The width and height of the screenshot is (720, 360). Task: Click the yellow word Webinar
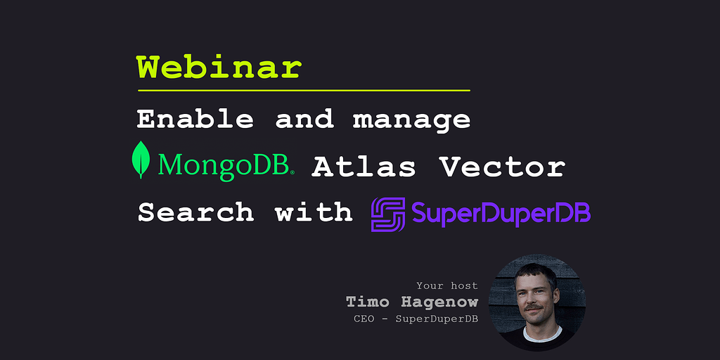click(x=219, y=68)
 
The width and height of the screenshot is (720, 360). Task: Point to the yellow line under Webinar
click(x=304, y=91)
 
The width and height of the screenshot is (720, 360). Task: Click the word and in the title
click(x=304, y=120)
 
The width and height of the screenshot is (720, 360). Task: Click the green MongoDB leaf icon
click(x=141, y=160)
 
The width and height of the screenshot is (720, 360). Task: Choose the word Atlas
click(x=364, y=167)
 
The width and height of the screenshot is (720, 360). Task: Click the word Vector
click(x=502, y=167)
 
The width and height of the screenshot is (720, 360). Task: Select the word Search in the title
click(x=195, y=212)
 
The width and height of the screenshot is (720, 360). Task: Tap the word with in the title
click(x=314, y=212)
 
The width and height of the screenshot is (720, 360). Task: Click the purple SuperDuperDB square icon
click(x=388, y=214)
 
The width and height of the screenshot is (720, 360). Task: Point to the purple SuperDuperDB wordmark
click(x=501, y=214)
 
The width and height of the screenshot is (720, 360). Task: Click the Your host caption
click(x=446, y=286)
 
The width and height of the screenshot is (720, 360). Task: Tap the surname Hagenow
click(x=439, y=302)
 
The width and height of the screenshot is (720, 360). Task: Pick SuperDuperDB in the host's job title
click(x=437, y=319)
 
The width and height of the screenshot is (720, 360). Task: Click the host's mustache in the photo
click(x=536, y=307)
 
